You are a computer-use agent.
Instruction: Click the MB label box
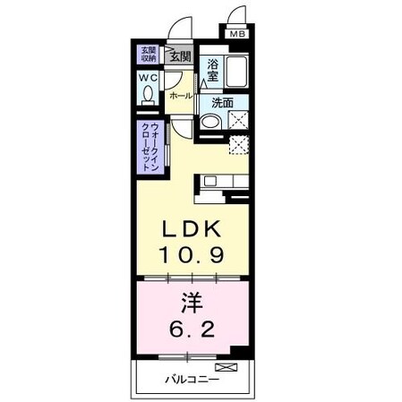pyautogui.click(x=237, y=35)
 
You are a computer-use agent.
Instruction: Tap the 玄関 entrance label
pyautogui.click(x=180, y=56)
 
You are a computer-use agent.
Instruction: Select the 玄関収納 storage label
pyautogui.click(x=147, y=55)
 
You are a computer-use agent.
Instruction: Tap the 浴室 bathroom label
pyautogui.click(x=213, y=70)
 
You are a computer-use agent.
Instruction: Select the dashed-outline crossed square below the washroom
pyautogui.click(x=239, y=146)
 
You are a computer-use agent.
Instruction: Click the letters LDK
pyautogui.click(x=192, y=229)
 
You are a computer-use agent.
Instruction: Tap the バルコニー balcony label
pyautogui.click(x=190, y=378)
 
